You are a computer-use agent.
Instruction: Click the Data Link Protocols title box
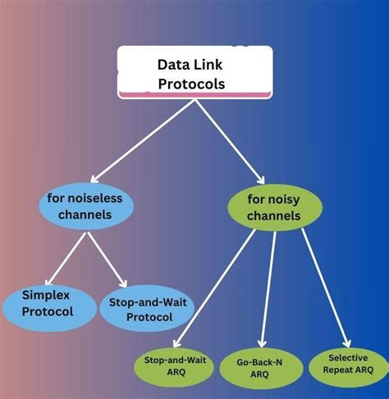pos(194,72)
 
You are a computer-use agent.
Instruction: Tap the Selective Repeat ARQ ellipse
pos(348,365)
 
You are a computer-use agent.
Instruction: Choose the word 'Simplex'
pos(47,292)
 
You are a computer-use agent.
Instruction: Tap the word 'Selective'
pos(348,358)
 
